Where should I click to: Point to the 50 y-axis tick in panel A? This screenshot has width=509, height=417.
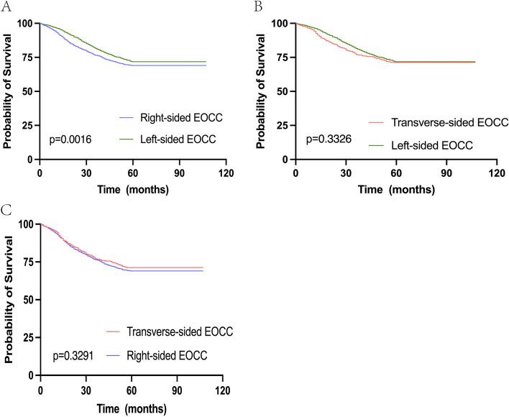pos(27,91)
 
